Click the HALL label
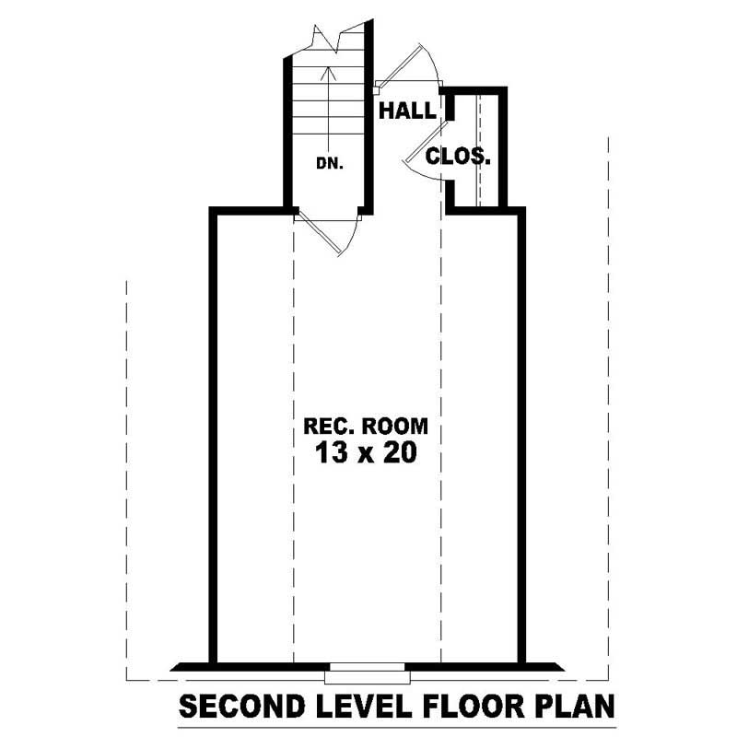(408, 111)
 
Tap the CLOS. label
(458, 156)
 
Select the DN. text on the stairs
(329, 163)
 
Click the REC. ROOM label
(367, 427)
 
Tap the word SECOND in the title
(239, 708)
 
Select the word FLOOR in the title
(469, 708)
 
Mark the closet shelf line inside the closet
(480, 147)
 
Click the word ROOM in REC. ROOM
(394, 427)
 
